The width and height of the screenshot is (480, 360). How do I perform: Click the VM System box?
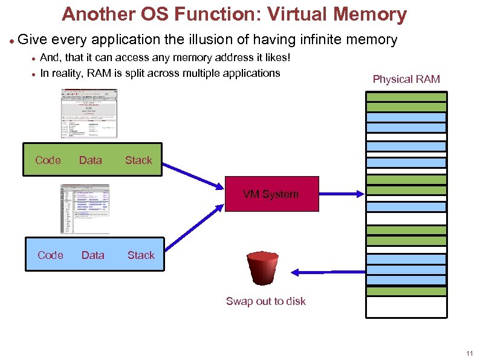click(271, 194)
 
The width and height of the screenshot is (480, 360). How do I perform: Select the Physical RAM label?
click(406, 79)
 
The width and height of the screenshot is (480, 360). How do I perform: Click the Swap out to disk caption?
click(266, 301)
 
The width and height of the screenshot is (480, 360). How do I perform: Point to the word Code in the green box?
click(48, 160)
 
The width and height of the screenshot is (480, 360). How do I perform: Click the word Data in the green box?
click(91, 160)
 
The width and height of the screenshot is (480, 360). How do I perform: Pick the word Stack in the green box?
click(138, 160)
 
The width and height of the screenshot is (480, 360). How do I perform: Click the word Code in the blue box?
click(50, 255)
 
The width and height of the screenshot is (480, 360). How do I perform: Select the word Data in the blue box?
click(92, 255)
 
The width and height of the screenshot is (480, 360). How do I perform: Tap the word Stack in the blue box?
click(141, 255)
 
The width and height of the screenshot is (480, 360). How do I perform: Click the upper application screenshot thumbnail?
click(89, 114)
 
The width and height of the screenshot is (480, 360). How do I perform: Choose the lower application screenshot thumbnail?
click(85, 209)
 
